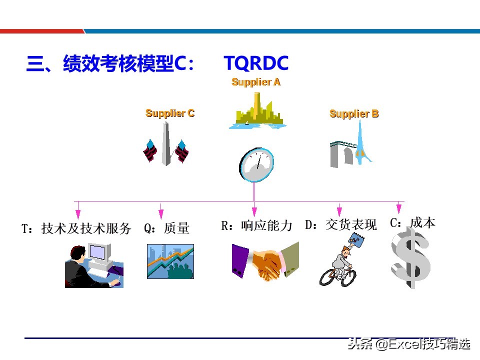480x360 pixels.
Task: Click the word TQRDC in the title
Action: pyautogui.click(x=256, y=63)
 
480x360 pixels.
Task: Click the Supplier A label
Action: pyautogui.click(x=256, y=82)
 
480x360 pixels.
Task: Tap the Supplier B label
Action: pyautogui.click(x=354, y=114)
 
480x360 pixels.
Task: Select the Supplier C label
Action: pyautogui.click(x=170, y=113)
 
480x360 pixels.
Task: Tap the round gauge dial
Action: pyautogui.click(x=256, y=164)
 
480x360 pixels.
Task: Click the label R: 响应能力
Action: pyautogui.click(x=256, y=225)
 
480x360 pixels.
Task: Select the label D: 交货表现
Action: pyautogui.click(x=341, y=225)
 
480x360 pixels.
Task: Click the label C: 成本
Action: pyautogui.click(x=412, y=222)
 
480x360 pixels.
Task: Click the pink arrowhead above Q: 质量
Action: pyautogui.click(x=161, y=214)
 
